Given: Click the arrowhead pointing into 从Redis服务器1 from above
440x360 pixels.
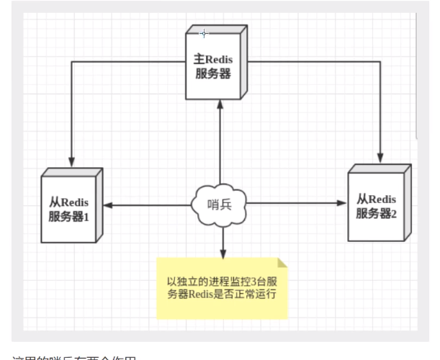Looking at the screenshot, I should pos(71,161).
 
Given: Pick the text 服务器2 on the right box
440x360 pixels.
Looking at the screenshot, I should pos(376,213).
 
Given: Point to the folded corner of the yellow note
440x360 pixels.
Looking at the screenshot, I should pos(282,263).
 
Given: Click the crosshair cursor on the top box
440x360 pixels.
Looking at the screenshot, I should pos(204,33).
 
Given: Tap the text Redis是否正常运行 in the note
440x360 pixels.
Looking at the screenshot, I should pos(234,294).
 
